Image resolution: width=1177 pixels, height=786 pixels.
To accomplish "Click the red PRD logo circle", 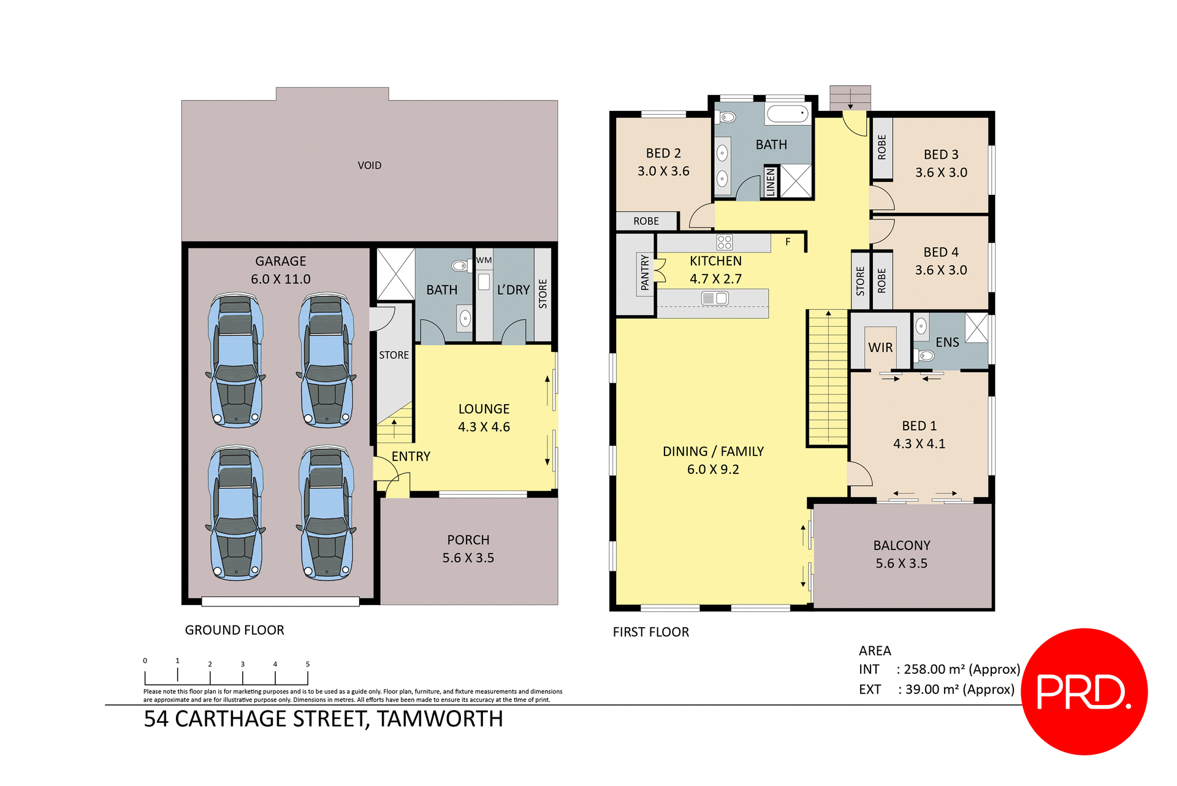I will pos(1084,691).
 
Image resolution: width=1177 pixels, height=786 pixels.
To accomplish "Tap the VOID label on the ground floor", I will pos(370,166).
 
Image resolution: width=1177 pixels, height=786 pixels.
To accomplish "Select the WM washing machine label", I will pos(484,260).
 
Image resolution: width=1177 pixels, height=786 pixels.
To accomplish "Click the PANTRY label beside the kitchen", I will pos(644,273).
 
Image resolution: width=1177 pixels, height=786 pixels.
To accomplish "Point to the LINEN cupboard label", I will pos(771,182).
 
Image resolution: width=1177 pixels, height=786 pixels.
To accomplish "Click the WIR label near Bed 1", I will pos(880,348).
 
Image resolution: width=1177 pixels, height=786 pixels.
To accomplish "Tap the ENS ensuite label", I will pos(947,342).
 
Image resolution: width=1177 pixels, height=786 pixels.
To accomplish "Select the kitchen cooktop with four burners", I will pos(725,242).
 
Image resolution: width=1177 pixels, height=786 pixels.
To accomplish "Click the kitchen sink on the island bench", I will pos(715,299).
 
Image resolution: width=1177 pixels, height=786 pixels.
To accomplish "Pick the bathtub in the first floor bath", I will pos(788,114).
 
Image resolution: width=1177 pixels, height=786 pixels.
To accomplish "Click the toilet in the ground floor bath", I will pos(459,265).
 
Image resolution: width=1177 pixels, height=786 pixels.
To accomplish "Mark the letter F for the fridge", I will pos(788,242).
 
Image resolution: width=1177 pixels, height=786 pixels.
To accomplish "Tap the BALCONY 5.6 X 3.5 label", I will pos(901,554).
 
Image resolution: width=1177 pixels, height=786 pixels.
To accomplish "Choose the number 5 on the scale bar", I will pos(308,664).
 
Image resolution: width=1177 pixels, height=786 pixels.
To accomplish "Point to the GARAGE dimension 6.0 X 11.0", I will pos(281,279).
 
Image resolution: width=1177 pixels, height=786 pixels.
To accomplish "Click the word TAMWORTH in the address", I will pos(440,719).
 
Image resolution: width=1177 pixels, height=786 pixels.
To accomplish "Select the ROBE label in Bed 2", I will pos(646,221).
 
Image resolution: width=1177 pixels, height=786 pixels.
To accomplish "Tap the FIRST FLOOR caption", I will pos(650,632).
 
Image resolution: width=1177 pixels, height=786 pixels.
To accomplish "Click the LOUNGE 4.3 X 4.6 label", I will pos(484,418).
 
